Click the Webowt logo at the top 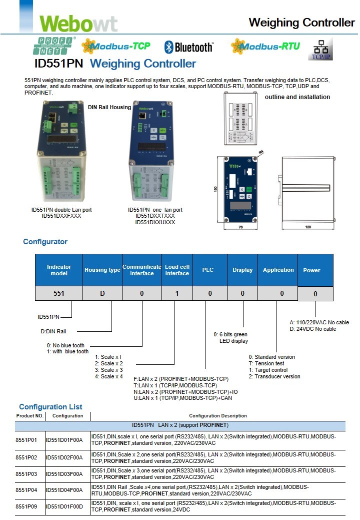coord(78,23)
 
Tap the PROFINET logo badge coord(54,46)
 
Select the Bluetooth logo coord(188,47)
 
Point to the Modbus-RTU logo coord(265,47)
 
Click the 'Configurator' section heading coord(45,242)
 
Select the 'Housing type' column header coord(102,270)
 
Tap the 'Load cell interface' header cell coord(177,270)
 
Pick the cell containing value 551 coord(59,293)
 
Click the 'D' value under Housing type coord(102,293)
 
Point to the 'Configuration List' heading coord(50,407)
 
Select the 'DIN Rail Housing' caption coord(109,107)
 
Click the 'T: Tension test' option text coord(266,363)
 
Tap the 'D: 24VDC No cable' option coord(312,329)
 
